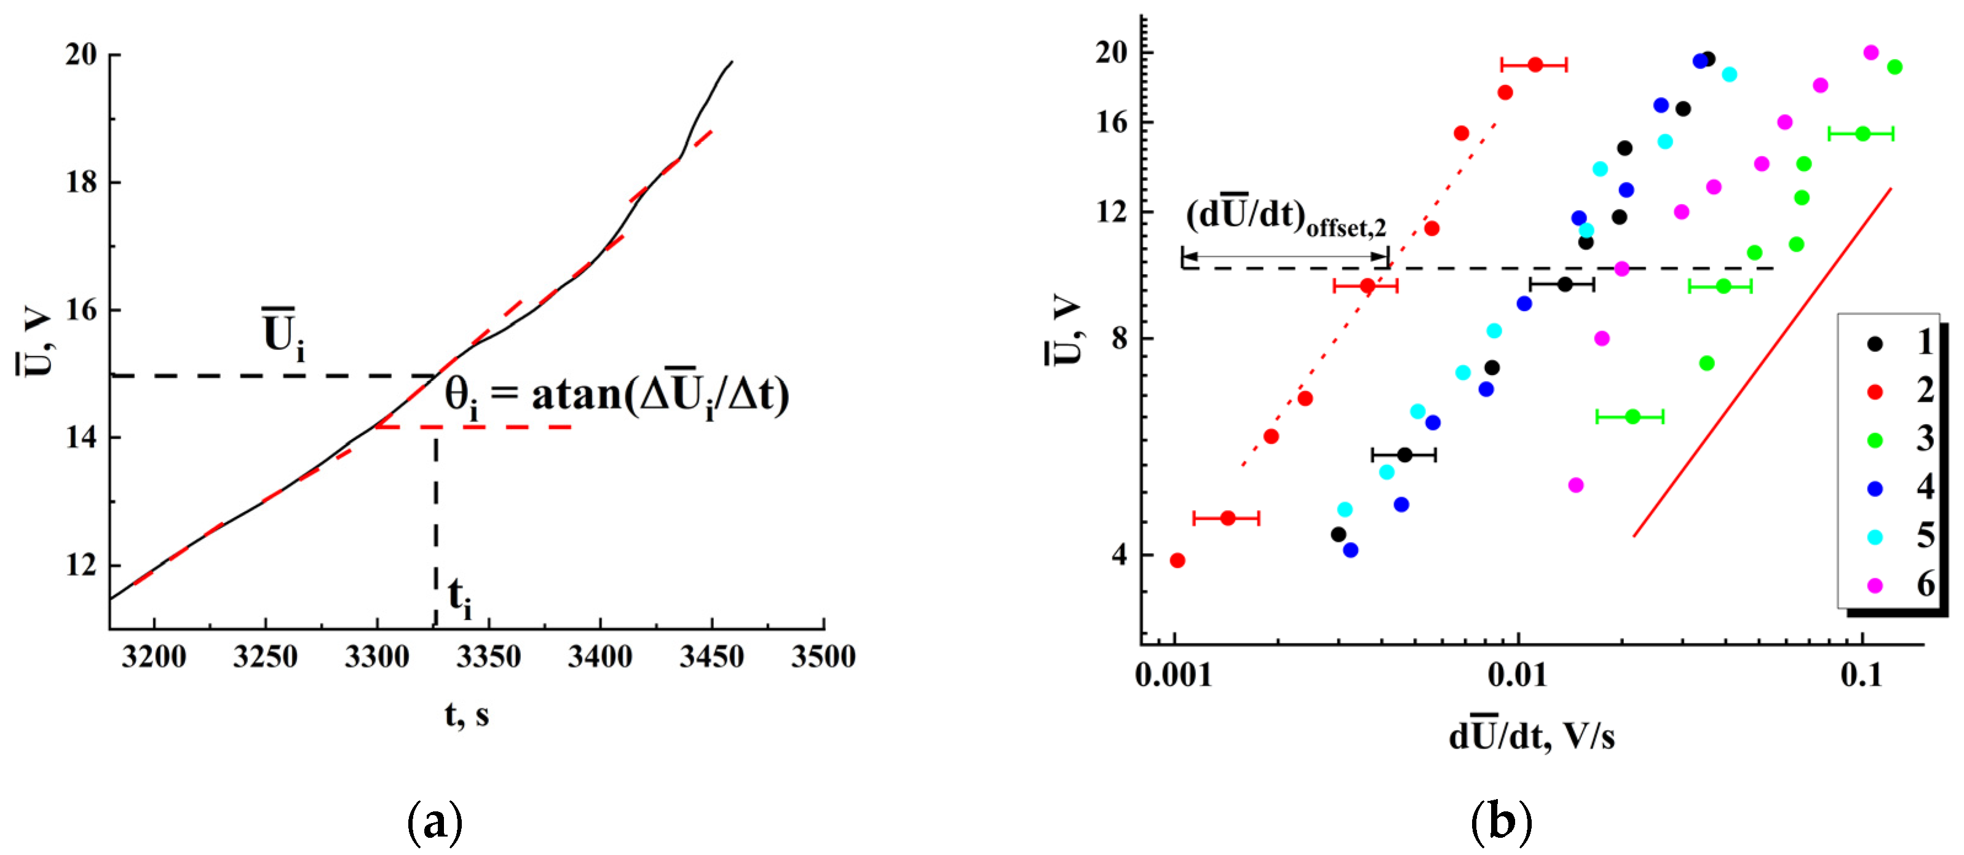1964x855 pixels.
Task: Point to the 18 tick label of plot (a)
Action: [x=82, y=182]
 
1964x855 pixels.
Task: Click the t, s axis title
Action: [x=467, y=714]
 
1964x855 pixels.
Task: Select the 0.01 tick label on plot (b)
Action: [x=1518, y=674]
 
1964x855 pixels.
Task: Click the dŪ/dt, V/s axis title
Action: [x=1531, y=736]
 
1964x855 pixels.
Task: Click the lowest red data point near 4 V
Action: [x=1177, y=560]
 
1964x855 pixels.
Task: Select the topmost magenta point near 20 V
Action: [x=1870, y=53]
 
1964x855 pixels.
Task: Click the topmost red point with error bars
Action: [x=1535, y=65]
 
